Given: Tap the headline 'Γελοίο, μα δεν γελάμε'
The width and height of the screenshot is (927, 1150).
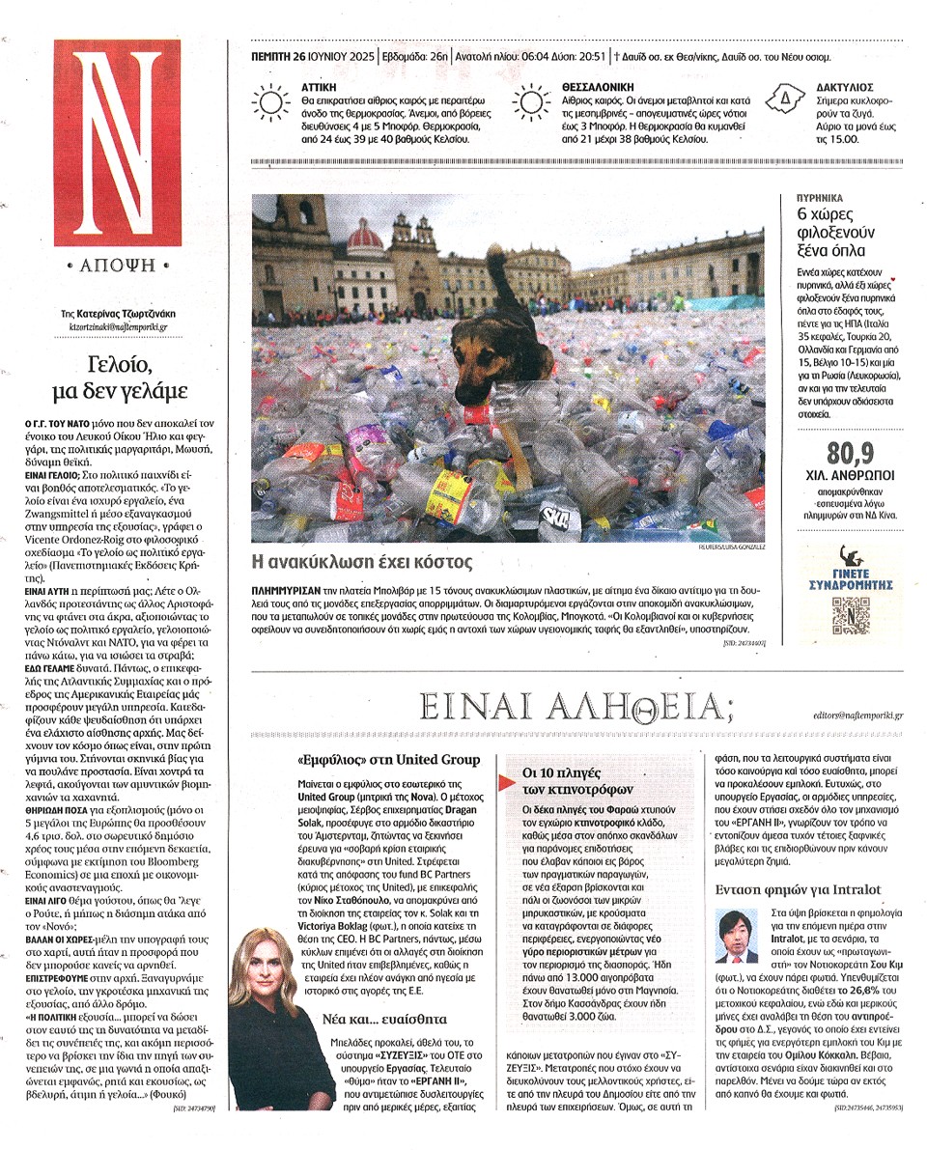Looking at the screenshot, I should pos(120,378).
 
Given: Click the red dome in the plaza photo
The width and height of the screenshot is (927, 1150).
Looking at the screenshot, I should pos(365,237).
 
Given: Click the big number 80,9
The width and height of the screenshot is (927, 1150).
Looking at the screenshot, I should pos(850,452).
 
